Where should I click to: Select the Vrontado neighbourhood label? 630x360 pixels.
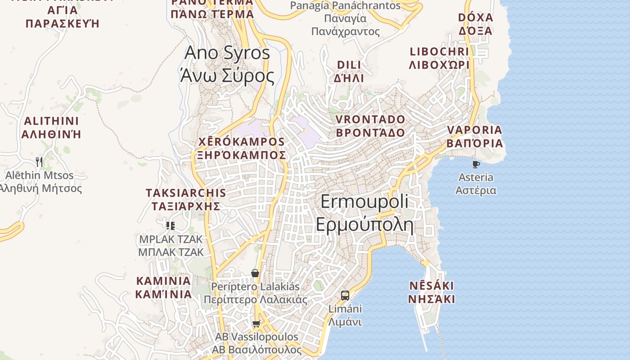point(370,126)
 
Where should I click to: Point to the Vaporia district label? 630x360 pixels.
point(474,137)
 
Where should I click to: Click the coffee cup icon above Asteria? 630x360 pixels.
point(476,164)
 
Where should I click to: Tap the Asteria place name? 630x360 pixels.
point(476,184)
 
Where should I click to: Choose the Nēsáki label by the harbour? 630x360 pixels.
point(432,292)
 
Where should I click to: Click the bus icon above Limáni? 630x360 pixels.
point(345,296)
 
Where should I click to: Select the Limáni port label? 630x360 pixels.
point(345,315)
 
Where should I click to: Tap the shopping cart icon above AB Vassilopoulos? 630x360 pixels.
point(256,324)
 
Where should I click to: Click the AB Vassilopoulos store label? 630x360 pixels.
point(256,343)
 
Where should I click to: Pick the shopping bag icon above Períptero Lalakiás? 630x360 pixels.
point(255,273)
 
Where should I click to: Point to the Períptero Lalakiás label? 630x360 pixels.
point(255,293)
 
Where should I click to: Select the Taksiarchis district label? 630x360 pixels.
point(186,199)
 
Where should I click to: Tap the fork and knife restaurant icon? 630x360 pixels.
point(39,162)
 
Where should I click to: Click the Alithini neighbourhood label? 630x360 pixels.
point(51,127)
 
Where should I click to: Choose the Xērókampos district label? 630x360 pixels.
point(242,148)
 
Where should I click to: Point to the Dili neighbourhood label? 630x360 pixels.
point(349,71)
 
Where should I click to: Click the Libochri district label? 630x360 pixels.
point(439,58)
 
